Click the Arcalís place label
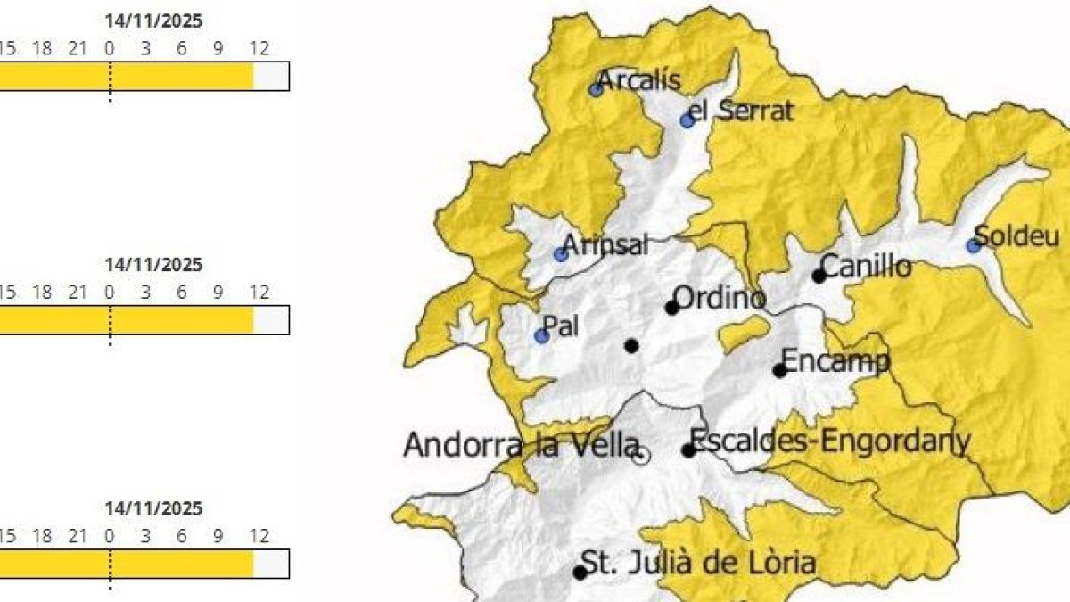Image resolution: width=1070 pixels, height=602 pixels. pyautogui.click(x=638, y=81)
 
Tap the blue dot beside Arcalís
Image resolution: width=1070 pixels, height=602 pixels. pyautogui.click(x=597, y=89)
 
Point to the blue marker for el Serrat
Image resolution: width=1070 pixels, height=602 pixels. pyautogui.click(x=687, y=120)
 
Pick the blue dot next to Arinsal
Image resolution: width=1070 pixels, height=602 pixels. pyautogui.click(x=561, y=254)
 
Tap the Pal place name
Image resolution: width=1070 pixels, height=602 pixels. pyautogui.click(x=561, y=326)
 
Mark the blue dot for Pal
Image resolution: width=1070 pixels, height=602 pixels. pyautogui.click(x=541, y=336)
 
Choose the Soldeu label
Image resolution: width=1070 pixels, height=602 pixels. pyautogui.click(x=1017, y=237)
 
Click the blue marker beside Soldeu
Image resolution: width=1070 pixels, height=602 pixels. pyautogui.click(x=973, y=245)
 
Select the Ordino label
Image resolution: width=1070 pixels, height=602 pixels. pyautogui.click(x=719, y=298)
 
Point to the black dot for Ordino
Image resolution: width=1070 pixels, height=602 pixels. pyautogui.click(x=672, y=308)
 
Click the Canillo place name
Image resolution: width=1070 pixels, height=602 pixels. pyautogui.click(x=866, y=267)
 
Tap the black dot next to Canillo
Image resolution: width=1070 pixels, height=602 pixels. pyautogui.click(x=819, y=276)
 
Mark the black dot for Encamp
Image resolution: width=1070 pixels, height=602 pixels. pyautogui.click(x=780, y=370)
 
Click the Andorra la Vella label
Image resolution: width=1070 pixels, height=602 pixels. pyautogui.click(x=521, y=445)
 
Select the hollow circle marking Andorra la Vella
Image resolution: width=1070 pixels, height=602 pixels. pyautogui.click(x=640, y=457)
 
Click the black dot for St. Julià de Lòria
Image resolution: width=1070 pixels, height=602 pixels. pyautogui.click(x=580, y=573)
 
